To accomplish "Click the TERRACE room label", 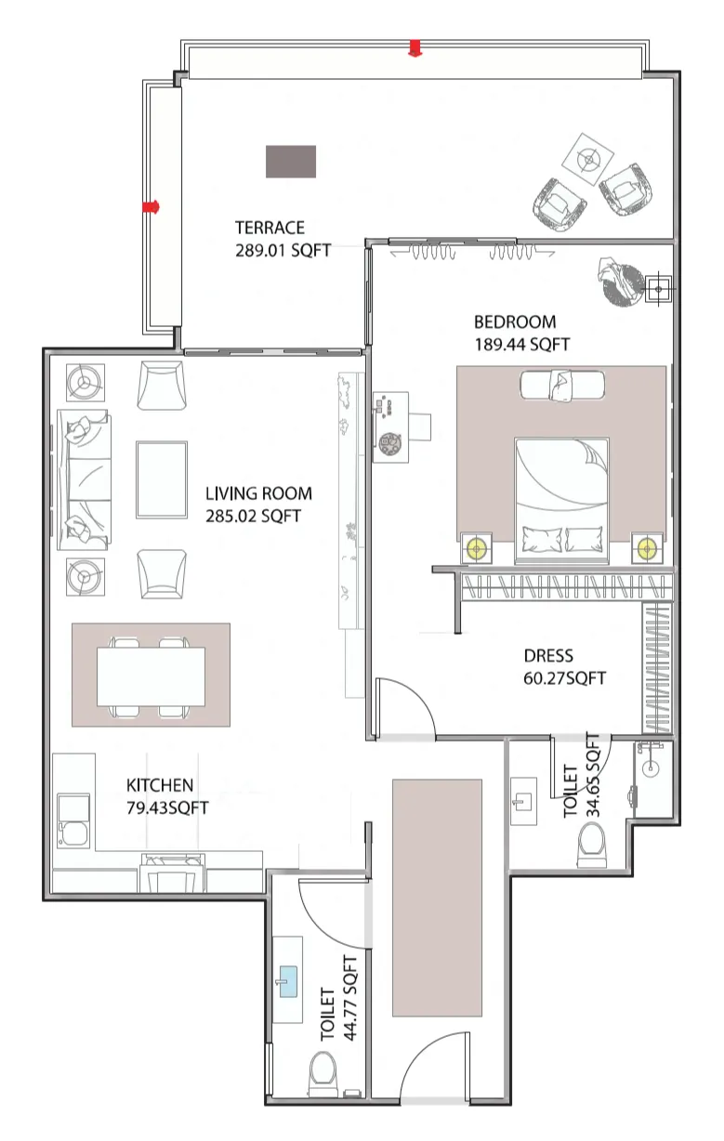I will point(270,227).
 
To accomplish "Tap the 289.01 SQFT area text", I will point(283,250).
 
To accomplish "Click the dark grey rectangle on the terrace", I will point(291,162).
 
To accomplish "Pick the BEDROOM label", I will point(515,322).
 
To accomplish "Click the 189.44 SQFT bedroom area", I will point(521,345).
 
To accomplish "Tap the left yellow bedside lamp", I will point(478,548).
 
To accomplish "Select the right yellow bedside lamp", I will point(645,548).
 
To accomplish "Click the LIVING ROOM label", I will point(258,493).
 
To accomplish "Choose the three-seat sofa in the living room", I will point(83,479).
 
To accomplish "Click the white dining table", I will point(151,674).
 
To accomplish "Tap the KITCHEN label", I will point(160,785).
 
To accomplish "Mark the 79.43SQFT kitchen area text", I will point(167,807).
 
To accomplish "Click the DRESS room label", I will point(548,655).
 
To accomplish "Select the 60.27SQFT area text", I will point(564,678).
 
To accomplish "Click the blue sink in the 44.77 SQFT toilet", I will point(288,980).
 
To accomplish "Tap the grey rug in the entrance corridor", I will point(437,898).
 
